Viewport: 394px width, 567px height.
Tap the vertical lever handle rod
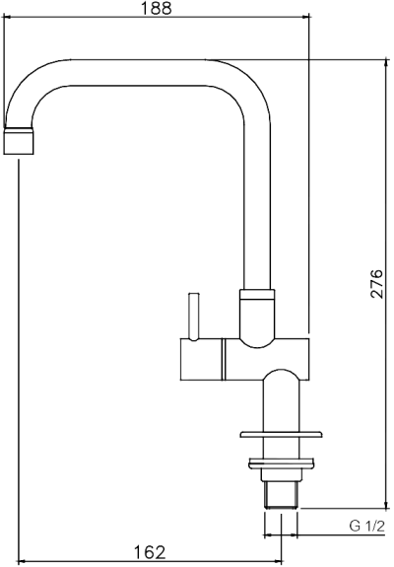194,316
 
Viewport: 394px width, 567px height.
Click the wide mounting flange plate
281,435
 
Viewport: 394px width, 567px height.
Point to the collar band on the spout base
257,294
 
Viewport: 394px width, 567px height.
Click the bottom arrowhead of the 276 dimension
383,502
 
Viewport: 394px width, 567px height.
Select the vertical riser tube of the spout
256,197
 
